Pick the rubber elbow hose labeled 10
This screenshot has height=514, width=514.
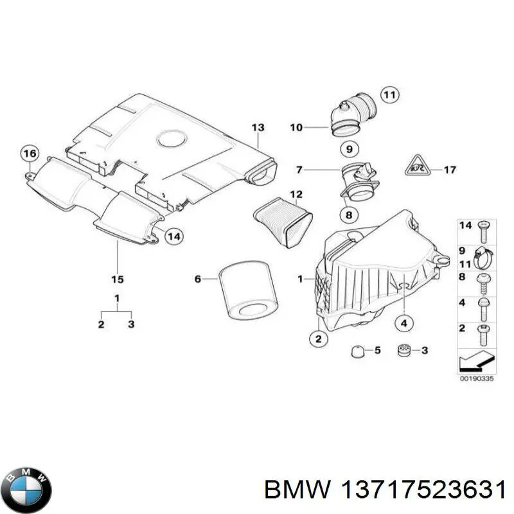tap(351, 114)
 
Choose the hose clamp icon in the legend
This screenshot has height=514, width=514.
tap(483, 256)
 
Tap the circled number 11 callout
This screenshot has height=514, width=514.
tap(388, 95)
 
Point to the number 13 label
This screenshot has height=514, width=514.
tap(258, 127)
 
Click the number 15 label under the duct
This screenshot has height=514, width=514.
tap(118, 279)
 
